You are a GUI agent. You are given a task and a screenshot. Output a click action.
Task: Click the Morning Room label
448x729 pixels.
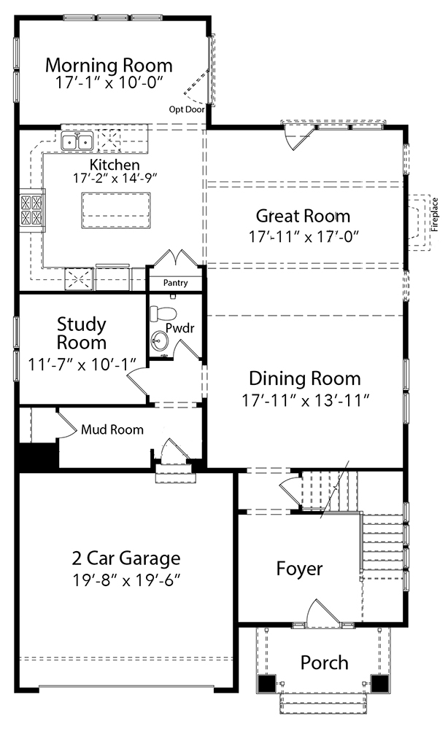pos(109,65)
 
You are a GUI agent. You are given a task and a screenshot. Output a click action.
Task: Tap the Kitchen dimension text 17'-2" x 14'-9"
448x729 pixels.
pos(115,178)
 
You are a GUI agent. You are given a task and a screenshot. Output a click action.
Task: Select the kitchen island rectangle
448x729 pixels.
pos(116,210)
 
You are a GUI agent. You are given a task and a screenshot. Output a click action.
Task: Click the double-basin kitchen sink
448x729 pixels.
pos(77,141)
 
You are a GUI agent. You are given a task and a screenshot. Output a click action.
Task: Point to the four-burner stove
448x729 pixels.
pos(31,209)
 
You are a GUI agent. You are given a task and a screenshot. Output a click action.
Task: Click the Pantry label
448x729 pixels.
pos(175,283)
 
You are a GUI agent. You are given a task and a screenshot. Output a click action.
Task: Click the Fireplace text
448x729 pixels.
pos(435,215)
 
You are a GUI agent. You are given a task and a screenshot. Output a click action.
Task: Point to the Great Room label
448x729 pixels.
pos(303,216)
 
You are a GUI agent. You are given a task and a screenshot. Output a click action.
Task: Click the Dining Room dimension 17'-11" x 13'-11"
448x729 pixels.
pos(306,399)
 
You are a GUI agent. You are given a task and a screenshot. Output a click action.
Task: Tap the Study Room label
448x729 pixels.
pos(82,333)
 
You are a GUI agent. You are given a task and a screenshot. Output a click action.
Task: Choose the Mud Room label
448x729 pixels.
pos(112,429)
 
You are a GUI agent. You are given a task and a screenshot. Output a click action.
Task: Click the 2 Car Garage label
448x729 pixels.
pos(126,558)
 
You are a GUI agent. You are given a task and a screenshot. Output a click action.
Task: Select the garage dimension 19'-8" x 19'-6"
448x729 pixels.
pos(126,580)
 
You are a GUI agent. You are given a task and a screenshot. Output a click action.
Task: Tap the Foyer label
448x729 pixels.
pos(299,569)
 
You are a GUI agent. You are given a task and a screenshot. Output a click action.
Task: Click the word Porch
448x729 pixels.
pos(324,663)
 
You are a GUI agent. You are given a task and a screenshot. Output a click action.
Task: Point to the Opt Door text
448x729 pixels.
pos(187,109)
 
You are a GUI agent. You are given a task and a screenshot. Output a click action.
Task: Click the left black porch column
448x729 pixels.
pos(267,684)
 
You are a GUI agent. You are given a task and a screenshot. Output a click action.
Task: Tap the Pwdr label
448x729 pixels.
pos(180,328)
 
